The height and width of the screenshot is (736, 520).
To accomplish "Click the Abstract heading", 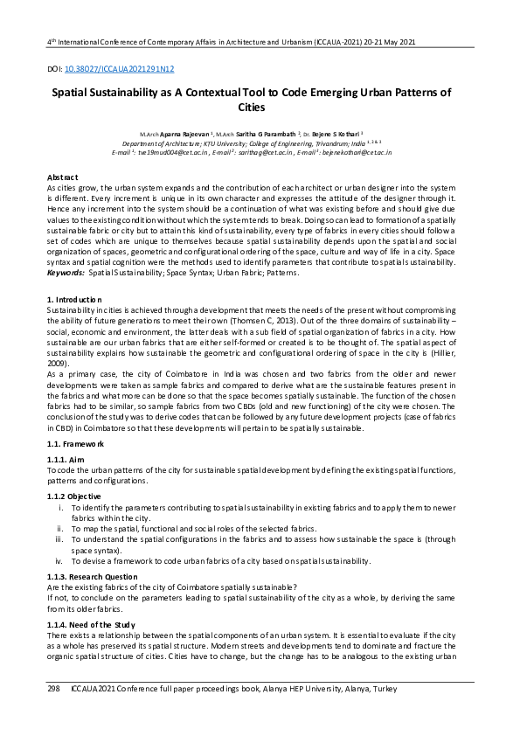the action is point(62,177).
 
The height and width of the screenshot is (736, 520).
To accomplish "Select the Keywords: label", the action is point(66,274).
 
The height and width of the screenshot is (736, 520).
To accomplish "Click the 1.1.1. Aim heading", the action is point(69,460).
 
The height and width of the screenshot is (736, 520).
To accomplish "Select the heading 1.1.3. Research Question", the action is point(93,577).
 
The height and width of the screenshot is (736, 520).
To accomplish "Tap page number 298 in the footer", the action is point(52,690).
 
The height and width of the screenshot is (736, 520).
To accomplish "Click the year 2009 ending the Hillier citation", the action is point(58,363).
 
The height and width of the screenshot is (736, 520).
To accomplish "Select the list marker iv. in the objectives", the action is point(59,560).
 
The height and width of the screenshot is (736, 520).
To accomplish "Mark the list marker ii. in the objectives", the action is point(59,528).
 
